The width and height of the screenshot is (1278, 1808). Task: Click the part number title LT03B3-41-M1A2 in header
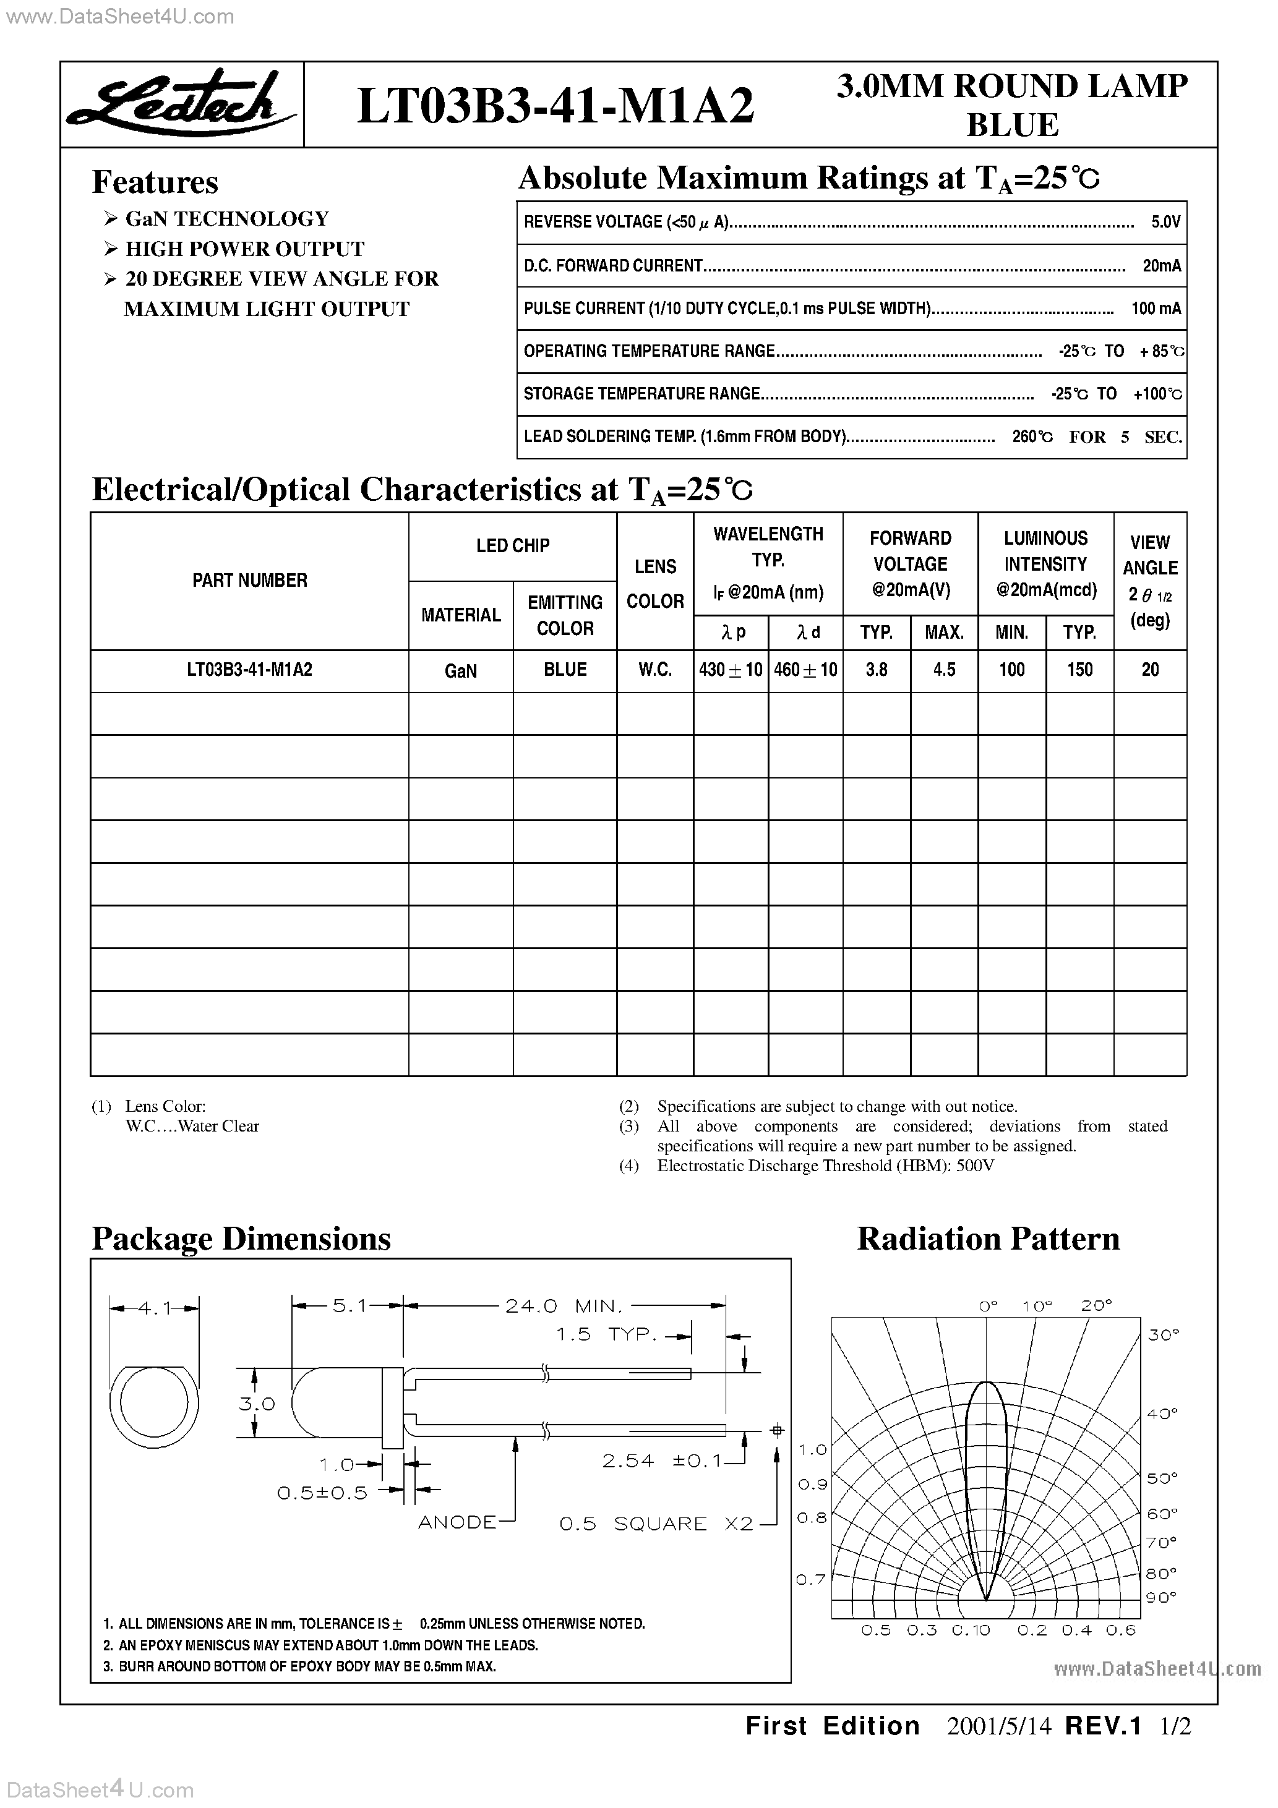(555, 106)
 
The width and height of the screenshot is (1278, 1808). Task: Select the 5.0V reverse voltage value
(1165, 223)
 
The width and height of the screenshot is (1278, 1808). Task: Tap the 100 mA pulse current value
(1155, 309)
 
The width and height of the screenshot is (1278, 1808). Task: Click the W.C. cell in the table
(654, 670)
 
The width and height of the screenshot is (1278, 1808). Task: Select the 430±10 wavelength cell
(731, 670)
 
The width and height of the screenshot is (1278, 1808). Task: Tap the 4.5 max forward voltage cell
(944, 670)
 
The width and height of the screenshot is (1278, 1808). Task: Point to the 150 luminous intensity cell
(1079, 670)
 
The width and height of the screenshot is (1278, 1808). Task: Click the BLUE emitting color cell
(565, 670)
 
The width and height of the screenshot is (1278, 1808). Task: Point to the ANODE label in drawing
(457, 1522)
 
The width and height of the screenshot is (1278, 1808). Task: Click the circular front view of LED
(155, 1403)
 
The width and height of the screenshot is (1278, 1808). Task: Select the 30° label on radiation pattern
(1162, 1335)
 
